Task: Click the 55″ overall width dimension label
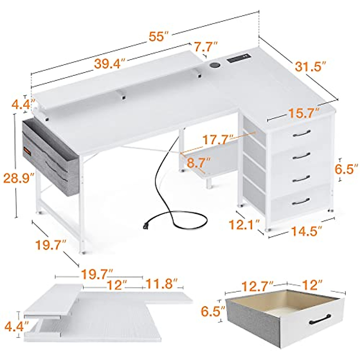[159, 36]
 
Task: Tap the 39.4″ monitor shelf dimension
[109, 63]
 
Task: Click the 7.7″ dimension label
[205, 47]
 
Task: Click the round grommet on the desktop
[214, 65]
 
